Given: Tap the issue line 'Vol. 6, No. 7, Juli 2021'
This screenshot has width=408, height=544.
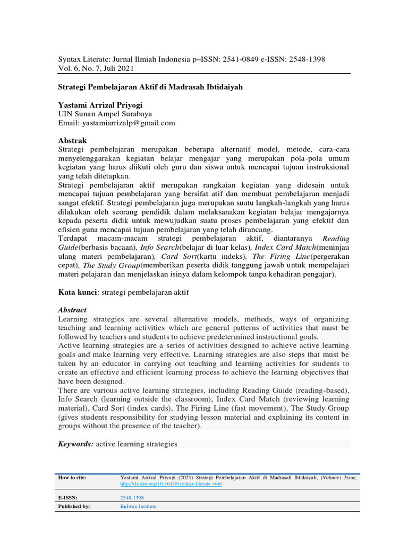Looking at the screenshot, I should coord(96,69).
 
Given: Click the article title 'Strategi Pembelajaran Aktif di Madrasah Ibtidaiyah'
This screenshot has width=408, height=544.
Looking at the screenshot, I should coord(150,87).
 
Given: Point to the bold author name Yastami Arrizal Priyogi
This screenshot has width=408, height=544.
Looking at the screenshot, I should coord(100,105).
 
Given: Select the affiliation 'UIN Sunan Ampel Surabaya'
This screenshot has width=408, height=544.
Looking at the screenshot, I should coord(105,114).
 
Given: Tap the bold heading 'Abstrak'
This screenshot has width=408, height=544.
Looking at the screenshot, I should coord(72,140).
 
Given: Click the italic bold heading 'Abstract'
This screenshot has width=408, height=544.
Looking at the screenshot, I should coord(72,310).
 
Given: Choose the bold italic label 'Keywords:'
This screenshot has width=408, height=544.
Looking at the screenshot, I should coord(76,444).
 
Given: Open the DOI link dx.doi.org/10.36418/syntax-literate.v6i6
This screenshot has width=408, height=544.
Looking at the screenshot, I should coord(171,484).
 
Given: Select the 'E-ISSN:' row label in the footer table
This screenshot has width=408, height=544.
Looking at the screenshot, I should coord(67,498).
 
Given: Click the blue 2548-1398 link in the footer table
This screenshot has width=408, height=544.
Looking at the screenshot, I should coord(132,498).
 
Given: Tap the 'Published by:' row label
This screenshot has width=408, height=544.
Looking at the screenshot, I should coord(74,507).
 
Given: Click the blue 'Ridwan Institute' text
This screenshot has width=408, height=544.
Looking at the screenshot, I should coord(139,507).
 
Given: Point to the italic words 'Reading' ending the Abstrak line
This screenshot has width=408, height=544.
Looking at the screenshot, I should coord(336,239).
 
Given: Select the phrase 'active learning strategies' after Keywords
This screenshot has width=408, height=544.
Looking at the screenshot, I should coord(136,444).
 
